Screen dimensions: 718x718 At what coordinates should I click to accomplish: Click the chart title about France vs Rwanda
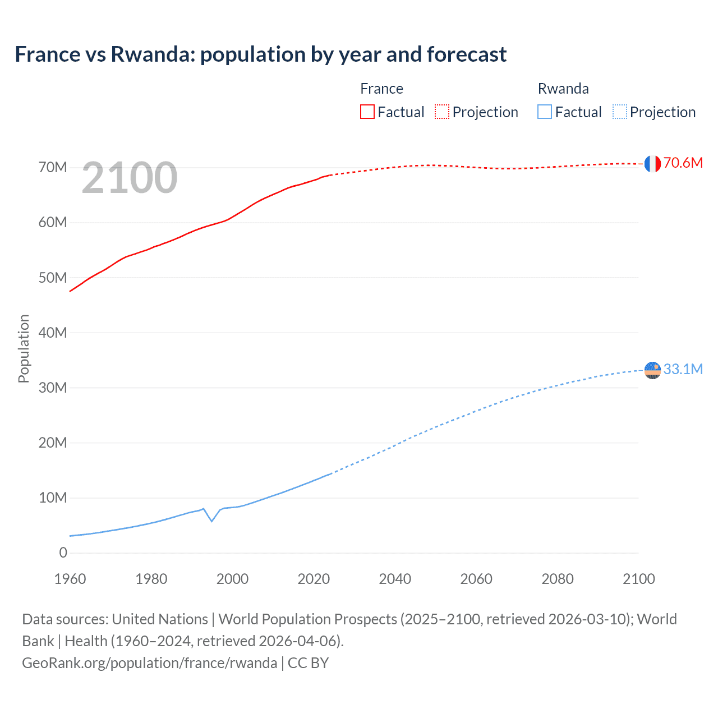tap(260, 54)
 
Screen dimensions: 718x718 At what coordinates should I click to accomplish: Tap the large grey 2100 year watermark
tap(130, 178)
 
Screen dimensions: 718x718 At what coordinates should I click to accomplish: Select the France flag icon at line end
tap(652, 163)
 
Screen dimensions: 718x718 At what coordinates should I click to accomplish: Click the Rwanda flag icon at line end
tap(652, 370)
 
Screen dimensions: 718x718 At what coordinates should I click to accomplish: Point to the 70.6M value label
tap(683, 163)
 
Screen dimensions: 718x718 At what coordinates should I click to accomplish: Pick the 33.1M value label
tap(683, 369)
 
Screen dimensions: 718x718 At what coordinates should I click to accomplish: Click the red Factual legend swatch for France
tap(367, 112)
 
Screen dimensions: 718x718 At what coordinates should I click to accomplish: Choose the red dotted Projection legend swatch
tap(442, 112)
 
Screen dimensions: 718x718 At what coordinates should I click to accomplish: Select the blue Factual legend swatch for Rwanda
tap(545, 112)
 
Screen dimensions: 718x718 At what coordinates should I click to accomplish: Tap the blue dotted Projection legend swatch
tap(620, 112)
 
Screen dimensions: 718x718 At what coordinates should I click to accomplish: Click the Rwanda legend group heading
tap(563, 89)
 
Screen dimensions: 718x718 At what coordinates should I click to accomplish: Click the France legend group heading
tap(381, 89)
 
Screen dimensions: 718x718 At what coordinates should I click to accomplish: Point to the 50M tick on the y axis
tap(53, 278)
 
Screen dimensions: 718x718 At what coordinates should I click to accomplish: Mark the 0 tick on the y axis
tap(63, 553)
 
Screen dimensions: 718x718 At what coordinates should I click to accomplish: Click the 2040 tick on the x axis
tap(395, 579)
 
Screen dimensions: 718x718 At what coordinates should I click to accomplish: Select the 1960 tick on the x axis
tap(70, 579)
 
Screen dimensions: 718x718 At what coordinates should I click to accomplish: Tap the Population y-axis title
tap(24, 348)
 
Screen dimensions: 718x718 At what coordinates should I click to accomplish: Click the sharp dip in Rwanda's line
tap(211, 521)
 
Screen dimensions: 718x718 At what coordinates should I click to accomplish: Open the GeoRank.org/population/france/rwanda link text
tap(149, 662)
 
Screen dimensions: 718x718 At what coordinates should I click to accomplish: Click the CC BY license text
tap(308, 662)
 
